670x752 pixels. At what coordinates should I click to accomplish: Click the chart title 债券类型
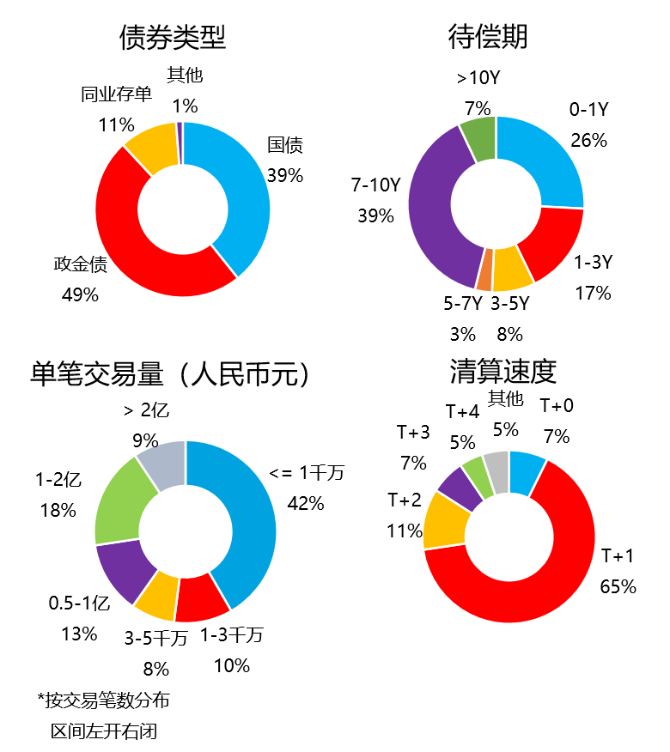tap(173, 37)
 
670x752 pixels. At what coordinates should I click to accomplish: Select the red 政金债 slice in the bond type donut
tap(129, 240)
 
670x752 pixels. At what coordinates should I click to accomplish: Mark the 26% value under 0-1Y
tap(588, 140)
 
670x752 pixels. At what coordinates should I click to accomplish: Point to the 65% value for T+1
tap(618, 587)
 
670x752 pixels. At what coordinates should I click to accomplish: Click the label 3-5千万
tap(156, 638)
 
